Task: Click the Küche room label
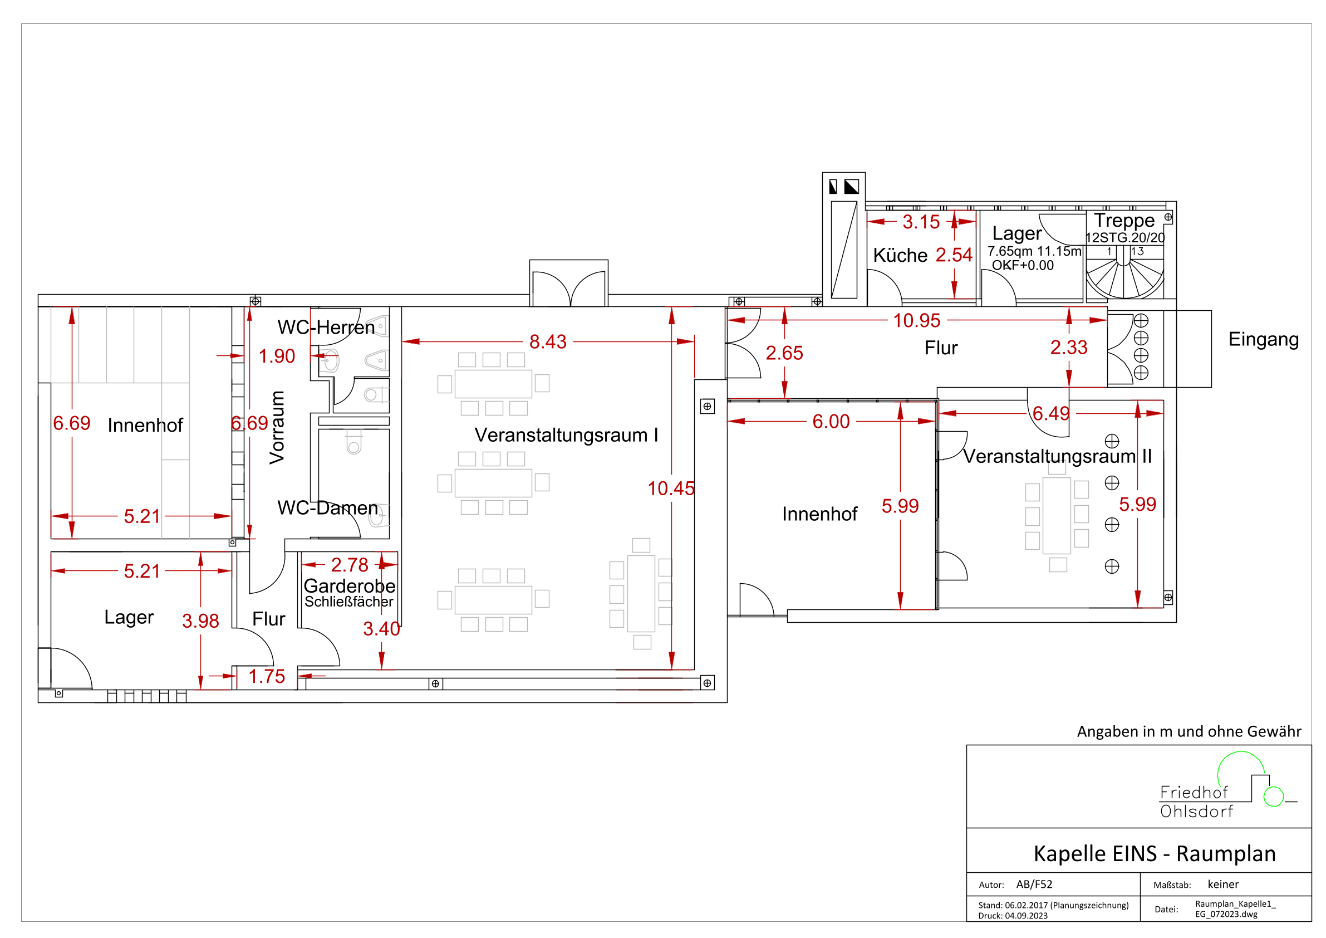900,255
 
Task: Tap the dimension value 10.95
916,320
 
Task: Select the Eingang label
1263,339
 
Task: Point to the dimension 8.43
548,341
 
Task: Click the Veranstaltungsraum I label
566,434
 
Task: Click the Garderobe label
350,585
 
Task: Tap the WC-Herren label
326,327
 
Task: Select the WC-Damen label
327,507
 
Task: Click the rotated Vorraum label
277,428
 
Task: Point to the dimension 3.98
200,621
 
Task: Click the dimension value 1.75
267,676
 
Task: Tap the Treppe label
1124,220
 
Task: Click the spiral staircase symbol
1124,272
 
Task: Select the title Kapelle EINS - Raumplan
1155,854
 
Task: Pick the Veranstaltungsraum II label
1057,456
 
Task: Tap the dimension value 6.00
831,421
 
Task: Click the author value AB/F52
1034,885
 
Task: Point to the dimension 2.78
350,565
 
